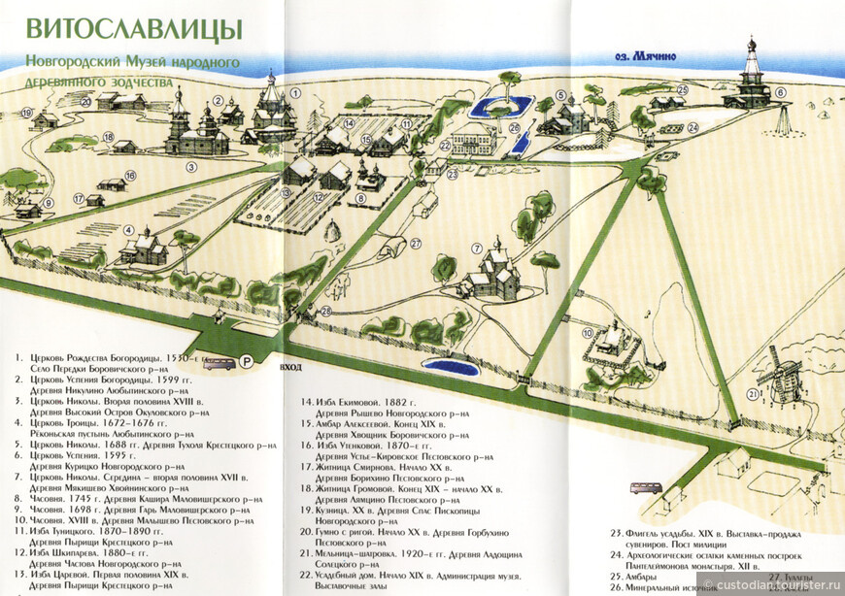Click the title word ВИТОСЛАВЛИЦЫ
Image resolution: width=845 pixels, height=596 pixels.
coord(135,28)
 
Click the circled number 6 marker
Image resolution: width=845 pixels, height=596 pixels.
coord(780,93)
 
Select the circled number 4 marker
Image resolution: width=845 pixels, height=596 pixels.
coord(129,229)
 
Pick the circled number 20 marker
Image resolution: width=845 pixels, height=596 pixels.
coord(85,99)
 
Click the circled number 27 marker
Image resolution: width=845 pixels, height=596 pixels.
coord(415,244)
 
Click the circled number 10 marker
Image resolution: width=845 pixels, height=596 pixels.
coord(587,334)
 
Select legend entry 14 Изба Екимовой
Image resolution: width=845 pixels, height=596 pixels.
coord(344,402)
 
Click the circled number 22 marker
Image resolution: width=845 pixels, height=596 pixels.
coord(442,146)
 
